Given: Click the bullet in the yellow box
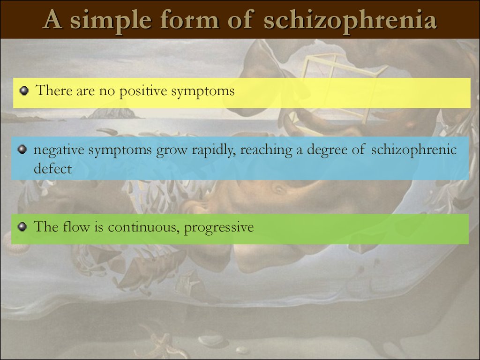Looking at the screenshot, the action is [x=23, y=91].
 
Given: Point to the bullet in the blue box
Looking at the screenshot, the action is [x=22, y=150].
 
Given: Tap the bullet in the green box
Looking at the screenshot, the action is [x=22, y=227].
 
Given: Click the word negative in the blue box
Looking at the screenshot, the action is [x=59, y=150].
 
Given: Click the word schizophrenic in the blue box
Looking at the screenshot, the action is [x=414, y=150].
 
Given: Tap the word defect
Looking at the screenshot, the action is [x=52, y=168].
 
